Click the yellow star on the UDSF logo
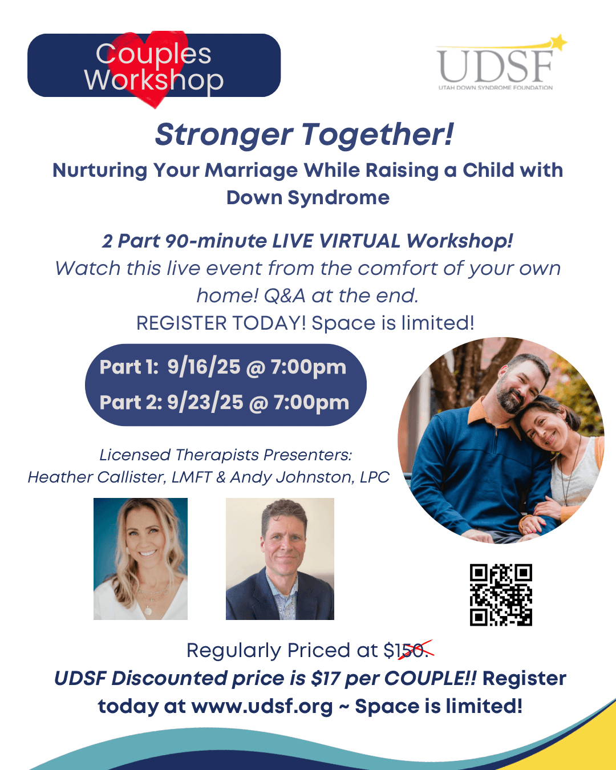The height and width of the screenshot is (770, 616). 558,42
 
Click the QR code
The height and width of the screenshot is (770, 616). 501,595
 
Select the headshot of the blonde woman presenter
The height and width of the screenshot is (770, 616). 140,558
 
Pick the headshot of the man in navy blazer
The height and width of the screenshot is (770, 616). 280,558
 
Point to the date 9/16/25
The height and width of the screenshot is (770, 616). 204,367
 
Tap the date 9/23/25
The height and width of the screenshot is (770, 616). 205,402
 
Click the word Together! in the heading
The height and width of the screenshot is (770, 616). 378,135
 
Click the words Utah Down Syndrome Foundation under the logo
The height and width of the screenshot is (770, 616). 496,87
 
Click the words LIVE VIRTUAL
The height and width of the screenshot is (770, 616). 336,241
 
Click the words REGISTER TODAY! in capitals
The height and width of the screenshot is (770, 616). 221,323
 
